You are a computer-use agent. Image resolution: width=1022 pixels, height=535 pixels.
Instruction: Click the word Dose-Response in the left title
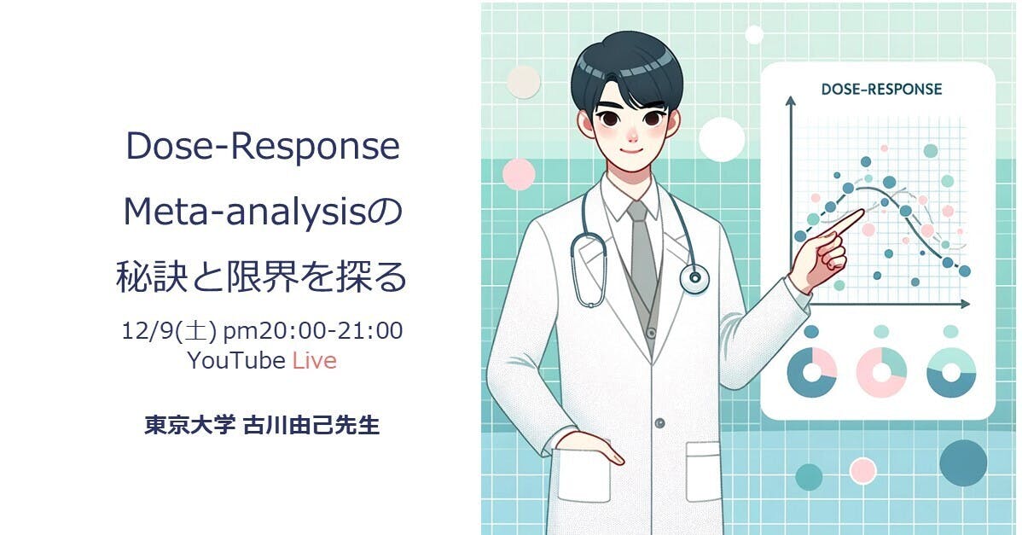click(x=263, y=147)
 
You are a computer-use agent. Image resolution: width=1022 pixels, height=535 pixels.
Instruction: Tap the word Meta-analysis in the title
click(x=246, y=212)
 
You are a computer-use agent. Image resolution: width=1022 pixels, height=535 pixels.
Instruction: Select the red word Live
click(x=314, y=360)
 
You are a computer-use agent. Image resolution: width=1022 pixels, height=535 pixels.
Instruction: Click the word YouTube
click(x=236, y=360)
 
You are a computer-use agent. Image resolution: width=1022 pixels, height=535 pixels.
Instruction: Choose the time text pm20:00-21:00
click(x=313, y=331)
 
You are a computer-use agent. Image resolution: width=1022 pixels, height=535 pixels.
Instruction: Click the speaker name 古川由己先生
click(x=311, y=426)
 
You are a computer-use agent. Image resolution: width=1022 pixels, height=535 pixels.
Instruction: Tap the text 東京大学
click(x=189, y=426)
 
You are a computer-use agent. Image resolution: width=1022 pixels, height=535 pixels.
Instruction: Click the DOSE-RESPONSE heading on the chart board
click(x=881, y=89)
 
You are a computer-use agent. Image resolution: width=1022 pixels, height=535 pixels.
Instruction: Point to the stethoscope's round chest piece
click(x=694, y=279)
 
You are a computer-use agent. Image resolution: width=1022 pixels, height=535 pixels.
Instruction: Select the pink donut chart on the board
click(x=881, y=373)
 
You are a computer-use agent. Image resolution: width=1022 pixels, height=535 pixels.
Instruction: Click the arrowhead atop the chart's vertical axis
click(x=791, y=102)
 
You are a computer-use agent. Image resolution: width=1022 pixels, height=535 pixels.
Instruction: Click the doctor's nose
click(x=631, y=136)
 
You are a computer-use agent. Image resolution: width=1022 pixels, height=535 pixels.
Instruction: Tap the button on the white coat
click(x=660, y=423)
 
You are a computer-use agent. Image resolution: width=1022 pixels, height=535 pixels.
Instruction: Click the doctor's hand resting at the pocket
click(x=589, y=447)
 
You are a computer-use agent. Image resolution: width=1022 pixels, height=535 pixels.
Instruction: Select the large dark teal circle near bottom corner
click(x=963, y=462)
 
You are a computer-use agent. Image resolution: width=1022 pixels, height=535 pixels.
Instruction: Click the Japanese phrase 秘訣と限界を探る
click(x=262, y=277)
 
